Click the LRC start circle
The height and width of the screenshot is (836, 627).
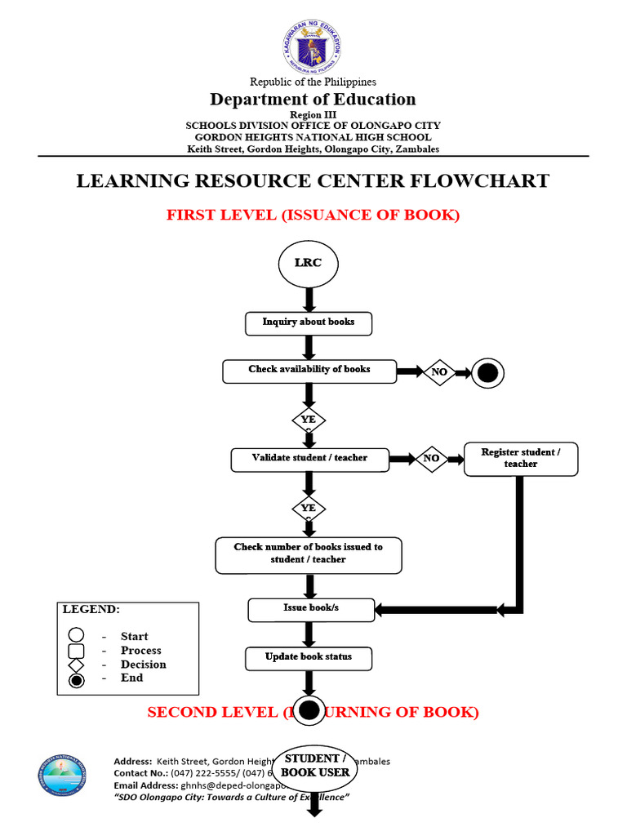click(308, 263)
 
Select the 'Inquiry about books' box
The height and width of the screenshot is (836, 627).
click(309, 322)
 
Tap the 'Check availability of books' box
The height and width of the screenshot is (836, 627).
click(309, 371)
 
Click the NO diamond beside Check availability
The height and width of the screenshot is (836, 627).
click(439, 372)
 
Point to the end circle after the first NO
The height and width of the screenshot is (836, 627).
click(487, 373)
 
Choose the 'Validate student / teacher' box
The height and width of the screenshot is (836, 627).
click(309, 459)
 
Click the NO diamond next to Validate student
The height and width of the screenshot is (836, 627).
click(432, 459)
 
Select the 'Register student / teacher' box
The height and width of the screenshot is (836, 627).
click(520, 458)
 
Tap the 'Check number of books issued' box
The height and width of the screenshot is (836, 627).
click(309, 554)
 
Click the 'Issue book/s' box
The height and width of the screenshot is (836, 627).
click(311, 609)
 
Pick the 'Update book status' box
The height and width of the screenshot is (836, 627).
click(309, 658)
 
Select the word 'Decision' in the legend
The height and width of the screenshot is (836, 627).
click(143, 665)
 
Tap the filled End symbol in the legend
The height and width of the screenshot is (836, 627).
click(76, 679)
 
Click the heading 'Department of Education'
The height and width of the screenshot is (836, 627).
click(313, 100)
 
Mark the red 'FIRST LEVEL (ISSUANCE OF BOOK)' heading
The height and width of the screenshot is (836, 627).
click(313, 216)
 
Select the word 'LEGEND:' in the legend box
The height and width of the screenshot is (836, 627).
click(91, 610)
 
